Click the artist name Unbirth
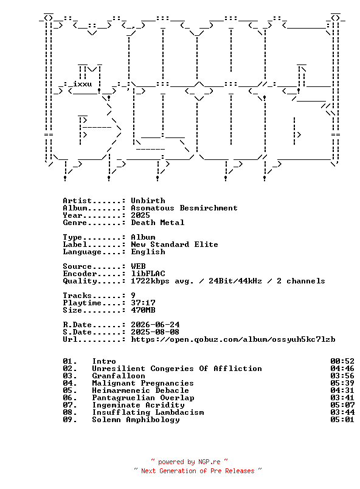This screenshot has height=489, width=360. click(x=148, y=201)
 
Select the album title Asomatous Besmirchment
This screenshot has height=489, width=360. click(x=184, y=208)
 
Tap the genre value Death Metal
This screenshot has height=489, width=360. click(x=157, y=223)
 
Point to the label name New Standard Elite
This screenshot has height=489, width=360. click(x=175, y=244)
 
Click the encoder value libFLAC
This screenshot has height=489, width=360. click(x=148, y=274)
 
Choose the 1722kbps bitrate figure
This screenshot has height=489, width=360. click(x=150, y=281)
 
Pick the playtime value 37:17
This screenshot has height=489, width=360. click(x=143, y=303)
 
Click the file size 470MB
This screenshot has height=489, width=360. click(x=143, y=310)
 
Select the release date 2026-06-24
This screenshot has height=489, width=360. click(x=155, y=325)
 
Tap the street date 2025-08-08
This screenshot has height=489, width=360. click(x=155, y=332)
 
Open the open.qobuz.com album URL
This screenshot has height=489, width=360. click(x=233, y=339)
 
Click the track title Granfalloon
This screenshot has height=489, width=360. click(x=119, y=376)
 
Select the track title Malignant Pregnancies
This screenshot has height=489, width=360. click(x=143, y=383)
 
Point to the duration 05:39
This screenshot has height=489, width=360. click(x=342, y=383)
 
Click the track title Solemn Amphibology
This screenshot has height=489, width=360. click(x=136, y=420)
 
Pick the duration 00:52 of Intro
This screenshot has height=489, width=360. click(x=342, y=361)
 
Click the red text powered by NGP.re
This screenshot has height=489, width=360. click(x=189, y=462)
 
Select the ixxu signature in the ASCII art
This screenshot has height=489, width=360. click(x=82, y=84)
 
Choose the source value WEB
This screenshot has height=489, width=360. click(x=138, y=266)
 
